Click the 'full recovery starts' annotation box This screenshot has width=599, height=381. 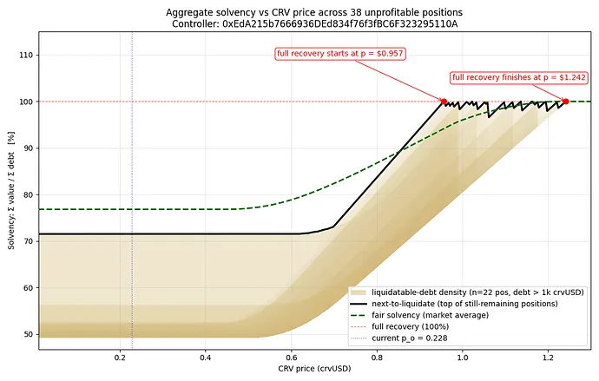point(340,54)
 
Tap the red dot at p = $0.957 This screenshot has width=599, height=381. point(444,102)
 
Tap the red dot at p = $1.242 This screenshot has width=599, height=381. point(565,102)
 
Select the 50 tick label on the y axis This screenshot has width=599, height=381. point(30,334)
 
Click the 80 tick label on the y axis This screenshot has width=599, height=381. point(30,194)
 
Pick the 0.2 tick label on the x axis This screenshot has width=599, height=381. point(121,358)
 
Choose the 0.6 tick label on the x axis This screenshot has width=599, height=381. point(291,358)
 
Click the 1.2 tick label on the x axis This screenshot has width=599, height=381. point(547,358)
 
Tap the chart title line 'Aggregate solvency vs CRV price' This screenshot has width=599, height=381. point(314,11)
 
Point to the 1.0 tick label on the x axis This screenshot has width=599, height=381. point(462,358)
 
